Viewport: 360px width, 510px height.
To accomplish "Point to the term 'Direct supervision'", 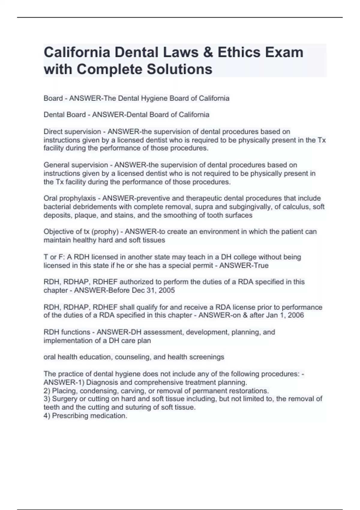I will [72, 132].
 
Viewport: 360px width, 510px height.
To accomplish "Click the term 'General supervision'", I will [76, 165].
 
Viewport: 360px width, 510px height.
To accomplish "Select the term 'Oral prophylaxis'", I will [70, 198].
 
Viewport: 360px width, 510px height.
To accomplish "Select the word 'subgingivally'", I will [247, 207].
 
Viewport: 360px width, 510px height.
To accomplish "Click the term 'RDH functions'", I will [67, 332].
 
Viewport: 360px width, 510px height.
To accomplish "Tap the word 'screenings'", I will [208, 357].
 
